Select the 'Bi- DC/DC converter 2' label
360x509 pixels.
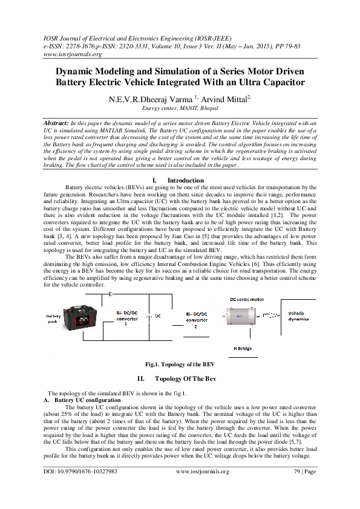[x=195, y=320]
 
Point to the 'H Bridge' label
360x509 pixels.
[x=242, y=349]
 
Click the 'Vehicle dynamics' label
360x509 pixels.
[x=298, y=316]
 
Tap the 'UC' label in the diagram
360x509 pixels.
[x=158, y=316]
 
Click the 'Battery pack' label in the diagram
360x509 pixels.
[x=55, y=319]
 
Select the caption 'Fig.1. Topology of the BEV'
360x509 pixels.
[x=180, y=365]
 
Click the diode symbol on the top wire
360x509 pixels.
[x=111, y=294]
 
